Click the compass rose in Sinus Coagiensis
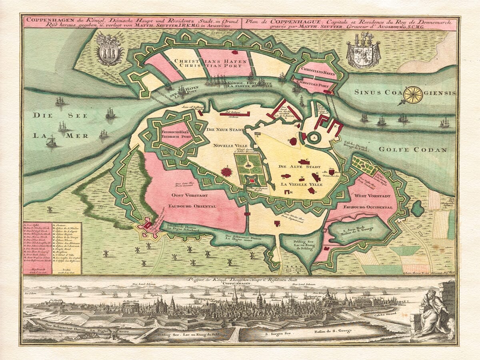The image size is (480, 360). click(x=413, y=94)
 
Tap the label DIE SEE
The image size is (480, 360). click(x=49, y=116)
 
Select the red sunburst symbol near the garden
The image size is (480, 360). click(x=227, y=172)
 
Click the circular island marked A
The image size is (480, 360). click(x=314, y=137)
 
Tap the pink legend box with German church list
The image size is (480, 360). click(x=37, y=248)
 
